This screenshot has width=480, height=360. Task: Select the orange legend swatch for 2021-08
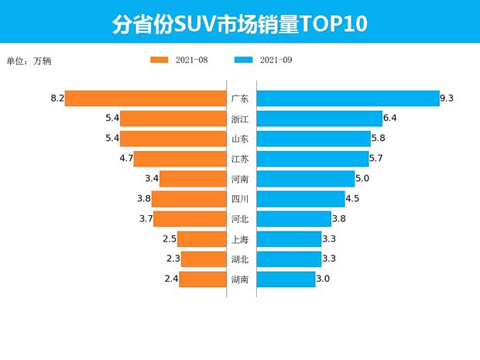[x=159, y=60]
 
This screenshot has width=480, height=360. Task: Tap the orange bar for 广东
[x=145, y=98]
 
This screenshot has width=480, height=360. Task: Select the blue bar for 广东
[x=347, y=98]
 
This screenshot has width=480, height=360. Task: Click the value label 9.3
[x=446, y=98]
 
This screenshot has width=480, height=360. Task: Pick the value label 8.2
[x=56, y=98]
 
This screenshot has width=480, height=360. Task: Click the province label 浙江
[x=240, y=118]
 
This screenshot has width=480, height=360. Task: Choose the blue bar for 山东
[x=314, y=139]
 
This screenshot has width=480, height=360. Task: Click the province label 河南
[x=240, y=179]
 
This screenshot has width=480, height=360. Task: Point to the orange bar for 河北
[x=189, y=219]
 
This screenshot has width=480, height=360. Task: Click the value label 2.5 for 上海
[x=170, y=239]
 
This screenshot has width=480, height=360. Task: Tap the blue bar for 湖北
[x=289, y=259]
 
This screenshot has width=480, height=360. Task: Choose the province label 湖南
[x=240, y=279]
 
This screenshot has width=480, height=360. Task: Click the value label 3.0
[x=324, y=279]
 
